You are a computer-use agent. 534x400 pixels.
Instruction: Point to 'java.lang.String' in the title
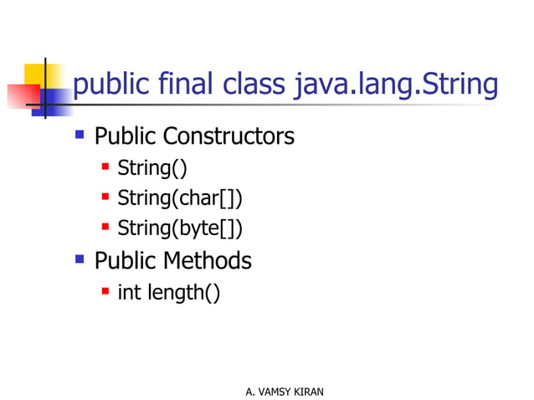click(396, 86)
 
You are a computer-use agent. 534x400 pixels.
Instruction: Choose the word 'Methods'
click(207, 260)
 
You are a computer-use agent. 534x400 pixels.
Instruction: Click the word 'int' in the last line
click(129, 293)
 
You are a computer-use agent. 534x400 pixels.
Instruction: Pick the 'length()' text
click(184, 294)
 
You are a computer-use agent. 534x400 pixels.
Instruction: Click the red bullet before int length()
click(105, 291)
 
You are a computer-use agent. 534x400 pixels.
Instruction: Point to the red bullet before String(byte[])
click(105, 226)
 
